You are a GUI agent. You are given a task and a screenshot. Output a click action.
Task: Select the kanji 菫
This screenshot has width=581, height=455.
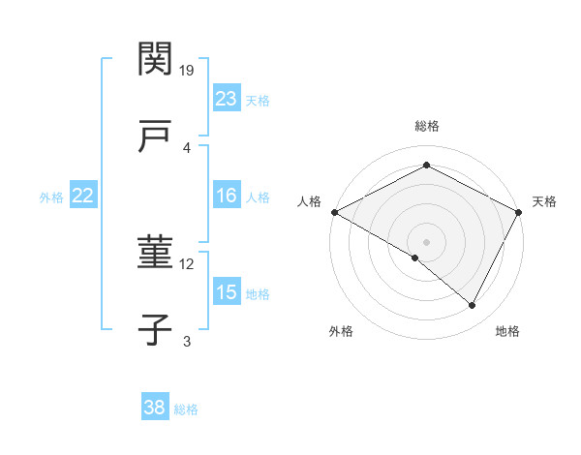point(155,254)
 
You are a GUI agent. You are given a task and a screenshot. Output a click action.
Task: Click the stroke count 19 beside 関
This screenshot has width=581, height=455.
point(188,70)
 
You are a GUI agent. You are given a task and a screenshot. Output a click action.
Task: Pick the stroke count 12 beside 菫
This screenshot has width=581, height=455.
point(188,263)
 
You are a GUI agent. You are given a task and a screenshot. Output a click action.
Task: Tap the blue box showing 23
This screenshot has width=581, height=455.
point(227,99)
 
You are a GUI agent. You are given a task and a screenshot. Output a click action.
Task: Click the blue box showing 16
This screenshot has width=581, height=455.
point(227,196)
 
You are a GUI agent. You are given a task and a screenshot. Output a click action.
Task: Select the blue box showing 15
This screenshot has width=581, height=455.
point(227,292)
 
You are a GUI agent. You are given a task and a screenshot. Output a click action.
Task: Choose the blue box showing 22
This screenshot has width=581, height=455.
point(83,196)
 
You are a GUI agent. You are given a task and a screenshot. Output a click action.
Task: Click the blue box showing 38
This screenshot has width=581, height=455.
point(155,408)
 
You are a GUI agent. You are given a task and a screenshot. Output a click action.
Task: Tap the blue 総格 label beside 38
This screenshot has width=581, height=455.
point(186,409)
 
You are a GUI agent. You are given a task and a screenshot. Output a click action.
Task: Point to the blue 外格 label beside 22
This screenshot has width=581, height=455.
point(51,197)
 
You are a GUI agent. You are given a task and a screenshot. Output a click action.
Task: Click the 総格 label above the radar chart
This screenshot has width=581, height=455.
point(426,126)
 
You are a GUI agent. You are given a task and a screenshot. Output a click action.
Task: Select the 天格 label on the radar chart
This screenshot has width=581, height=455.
point(544,201)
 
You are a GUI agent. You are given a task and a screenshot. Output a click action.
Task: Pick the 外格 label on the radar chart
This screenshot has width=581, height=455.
point(341,331)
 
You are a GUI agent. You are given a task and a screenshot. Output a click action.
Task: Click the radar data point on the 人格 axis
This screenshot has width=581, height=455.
point(334,211)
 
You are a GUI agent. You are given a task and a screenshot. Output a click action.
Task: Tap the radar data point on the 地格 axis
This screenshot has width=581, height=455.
point(473,306)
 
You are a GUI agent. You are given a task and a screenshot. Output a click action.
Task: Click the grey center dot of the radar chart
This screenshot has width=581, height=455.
point(426,241)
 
